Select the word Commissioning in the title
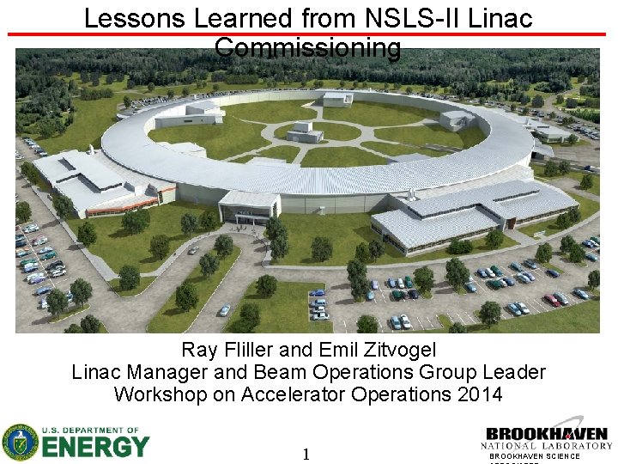click(308, 48)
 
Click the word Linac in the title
click(503, 18)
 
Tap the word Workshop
click(157, 395)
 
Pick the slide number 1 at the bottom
click(306, 454)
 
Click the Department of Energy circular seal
click(20, 443)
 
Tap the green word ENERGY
click(95, 447)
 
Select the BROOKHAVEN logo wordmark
click(547, 434)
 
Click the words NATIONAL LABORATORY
click(547, 446)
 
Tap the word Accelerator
click(301, 395)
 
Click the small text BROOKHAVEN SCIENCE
click(535, 456)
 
